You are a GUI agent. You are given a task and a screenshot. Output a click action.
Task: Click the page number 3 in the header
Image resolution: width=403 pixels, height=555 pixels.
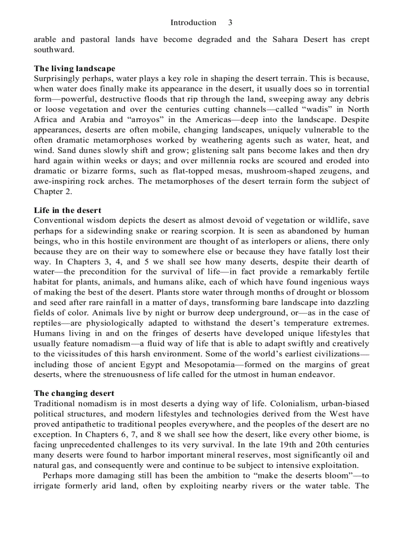(x=230, y=23)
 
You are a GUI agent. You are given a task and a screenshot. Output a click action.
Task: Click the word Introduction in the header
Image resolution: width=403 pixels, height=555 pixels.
(x=193, y=23)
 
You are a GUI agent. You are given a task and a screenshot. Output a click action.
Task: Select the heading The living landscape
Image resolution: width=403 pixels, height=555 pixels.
(x=75, y=69)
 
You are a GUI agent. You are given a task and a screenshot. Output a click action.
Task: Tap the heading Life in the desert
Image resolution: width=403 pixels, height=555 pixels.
(x=68, y=211)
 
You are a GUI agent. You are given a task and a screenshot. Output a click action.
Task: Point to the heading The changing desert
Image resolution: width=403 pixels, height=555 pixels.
(x=74, y=393)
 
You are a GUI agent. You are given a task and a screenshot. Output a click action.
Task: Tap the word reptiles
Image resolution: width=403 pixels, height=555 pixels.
(x=49, y=323)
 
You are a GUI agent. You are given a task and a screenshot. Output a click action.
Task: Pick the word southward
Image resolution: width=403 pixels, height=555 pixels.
(x=53, y=50)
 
